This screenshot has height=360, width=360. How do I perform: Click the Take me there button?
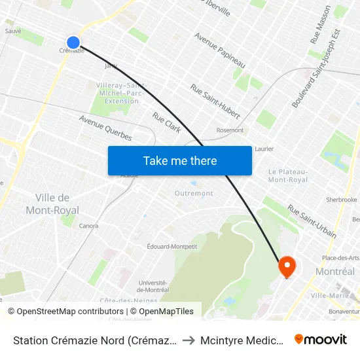(x=180, y=161)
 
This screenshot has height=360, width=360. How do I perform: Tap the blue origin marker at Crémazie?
(x=73, y=43)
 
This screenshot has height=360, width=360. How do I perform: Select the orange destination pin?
(x=287, y=266)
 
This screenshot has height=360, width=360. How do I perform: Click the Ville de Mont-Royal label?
(x=52, y=204)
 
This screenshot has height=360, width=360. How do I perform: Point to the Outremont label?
(x=194, y=193)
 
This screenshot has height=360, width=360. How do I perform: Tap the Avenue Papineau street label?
(x=219, y=50)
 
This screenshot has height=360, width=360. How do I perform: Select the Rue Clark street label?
(x=167, y=122)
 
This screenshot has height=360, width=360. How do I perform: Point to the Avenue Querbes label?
(x=105, y=128)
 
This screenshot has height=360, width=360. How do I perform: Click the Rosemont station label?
(x=230, y=130)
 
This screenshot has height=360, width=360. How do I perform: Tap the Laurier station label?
(x=264, y=149)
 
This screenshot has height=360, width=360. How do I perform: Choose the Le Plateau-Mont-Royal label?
(x=288, y=175)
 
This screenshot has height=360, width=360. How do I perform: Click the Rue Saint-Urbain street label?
(x=312, y=221)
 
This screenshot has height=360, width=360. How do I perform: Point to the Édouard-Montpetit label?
(x=172, y=246)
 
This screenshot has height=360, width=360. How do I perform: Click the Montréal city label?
(x=335, y=271)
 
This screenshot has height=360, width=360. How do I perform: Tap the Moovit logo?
(x=321, y=339)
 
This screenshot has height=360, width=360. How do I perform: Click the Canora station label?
(x=88, y=226)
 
